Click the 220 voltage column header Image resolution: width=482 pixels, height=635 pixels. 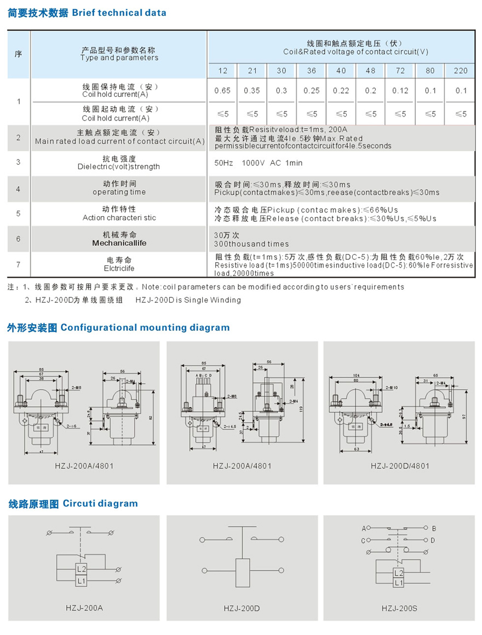coord(460,71)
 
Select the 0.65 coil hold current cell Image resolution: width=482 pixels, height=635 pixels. coord(222,90)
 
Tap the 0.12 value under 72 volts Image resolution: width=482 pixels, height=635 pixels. coord(400,90)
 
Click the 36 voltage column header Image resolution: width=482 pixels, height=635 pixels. coord(311,71)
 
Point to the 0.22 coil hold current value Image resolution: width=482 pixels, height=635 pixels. coord(341,90)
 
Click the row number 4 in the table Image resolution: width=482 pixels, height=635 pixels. coord(19,189)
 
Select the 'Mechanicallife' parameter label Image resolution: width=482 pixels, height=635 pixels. coord(119,243)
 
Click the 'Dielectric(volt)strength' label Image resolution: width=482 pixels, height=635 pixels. coord(119,166)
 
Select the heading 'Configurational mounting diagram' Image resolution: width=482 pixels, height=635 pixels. coord(145,327)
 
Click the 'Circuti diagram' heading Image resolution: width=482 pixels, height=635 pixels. coord(100,503)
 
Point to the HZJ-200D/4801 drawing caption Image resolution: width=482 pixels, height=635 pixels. coord(400,465)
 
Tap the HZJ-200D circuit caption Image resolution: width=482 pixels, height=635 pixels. coord(242,608)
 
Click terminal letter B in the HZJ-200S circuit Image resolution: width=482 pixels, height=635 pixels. coord(434,529)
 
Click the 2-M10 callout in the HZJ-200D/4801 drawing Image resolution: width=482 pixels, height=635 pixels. coord(392,387)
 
